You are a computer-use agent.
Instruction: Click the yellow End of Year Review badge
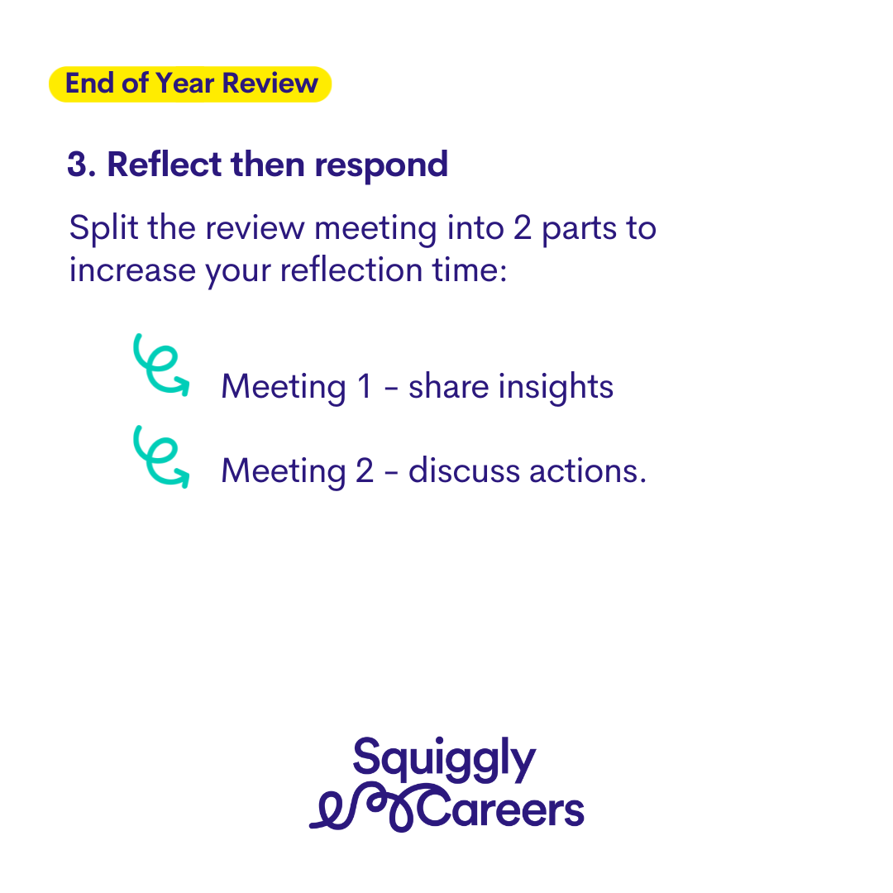(190, 84)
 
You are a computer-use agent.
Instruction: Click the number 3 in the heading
(78, 165)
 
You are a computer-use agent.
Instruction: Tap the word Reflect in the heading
(164, 164)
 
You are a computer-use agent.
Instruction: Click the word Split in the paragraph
(103, 229)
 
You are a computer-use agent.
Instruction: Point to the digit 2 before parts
(523, 228)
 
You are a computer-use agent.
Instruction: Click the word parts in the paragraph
(579, 230)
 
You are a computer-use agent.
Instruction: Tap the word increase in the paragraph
(132, 270)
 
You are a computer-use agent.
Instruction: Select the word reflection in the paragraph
(351, 270)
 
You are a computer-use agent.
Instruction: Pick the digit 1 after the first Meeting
(365, 386)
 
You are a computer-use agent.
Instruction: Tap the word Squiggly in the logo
(444, 759)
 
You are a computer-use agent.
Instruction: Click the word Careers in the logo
(501, 808)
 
